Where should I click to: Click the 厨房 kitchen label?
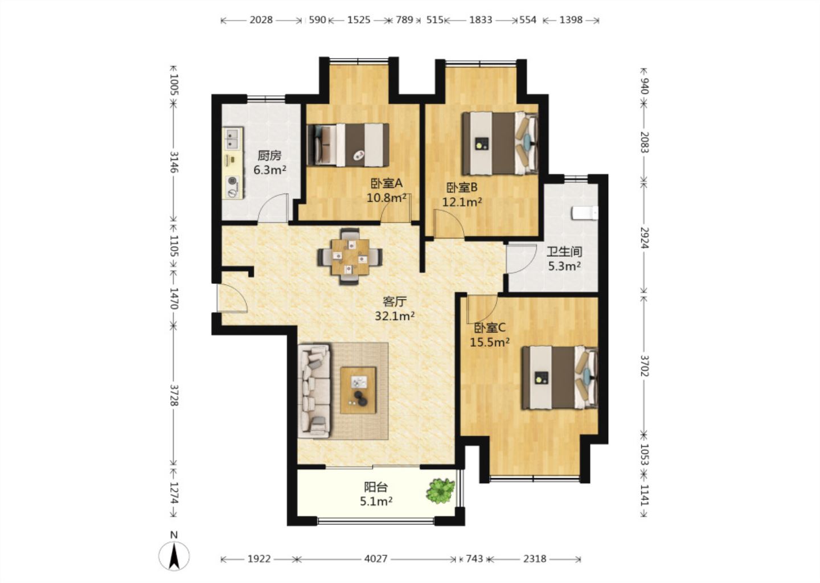[269, 155]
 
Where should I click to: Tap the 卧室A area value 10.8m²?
[387, 198]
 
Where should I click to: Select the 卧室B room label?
[462, 187]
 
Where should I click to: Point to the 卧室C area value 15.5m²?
[490, 342]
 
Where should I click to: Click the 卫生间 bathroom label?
[564, 252]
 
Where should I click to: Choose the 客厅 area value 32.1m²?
[395, 315]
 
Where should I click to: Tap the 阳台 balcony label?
[376, 487]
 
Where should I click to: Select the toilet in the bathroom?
[585, 213]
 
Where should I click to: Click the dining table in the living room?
[350, 257]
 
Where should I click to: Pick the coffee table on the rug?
[358, 390]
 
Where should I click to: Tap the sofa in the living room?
[314, 391]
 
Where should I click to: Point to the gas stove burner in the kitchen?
[232, 181]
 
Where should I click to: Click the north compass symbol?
[174, 555]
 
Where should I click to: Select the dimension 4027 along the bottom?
[376, 559]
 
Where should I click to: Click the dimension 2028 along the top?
[261, 20]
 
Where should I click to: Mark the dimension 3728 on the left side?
[174, 395]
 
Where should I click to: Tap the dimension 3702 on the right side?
[644, 366]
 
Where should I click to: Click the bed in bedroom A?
[348, 145]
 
